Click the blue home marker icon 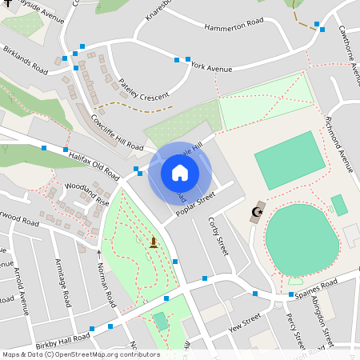tap(179, 172)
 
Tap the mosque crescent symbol tap(257, 212)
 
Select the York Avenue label tap(211, 68)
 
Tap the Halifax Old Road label tap(94, 165)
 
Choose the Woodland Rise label tap(87, 194)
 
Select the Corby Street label tap(218, 235)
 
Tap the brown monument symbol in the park tap(154, 242)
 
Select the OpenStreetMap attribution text tap(80, 354)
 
